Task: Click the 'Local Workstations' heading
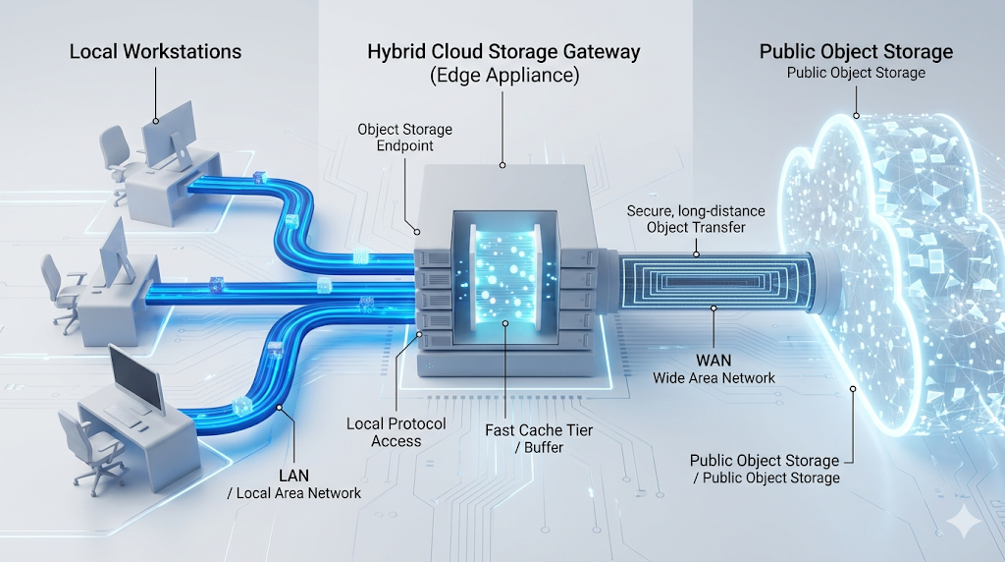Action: pyautogui.click(x=155, y=51)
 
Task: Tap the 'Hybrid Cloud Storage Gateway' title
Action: pyautogui.click(x=502, y=52)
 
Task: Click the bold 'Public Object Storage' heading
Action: pyautogui.click(x=856, y=51)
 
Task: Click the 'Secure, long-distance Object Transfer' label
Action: pyautogui.click(x=696, y=220)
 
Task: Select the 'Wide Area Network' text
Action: pyautogui.click(x=714, y=378)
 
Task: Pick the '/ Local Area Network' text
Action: pyautogui.click(x=293, y=493)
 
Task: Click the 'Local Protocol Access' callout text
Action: pyautogui.click(x=396, y=432)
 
